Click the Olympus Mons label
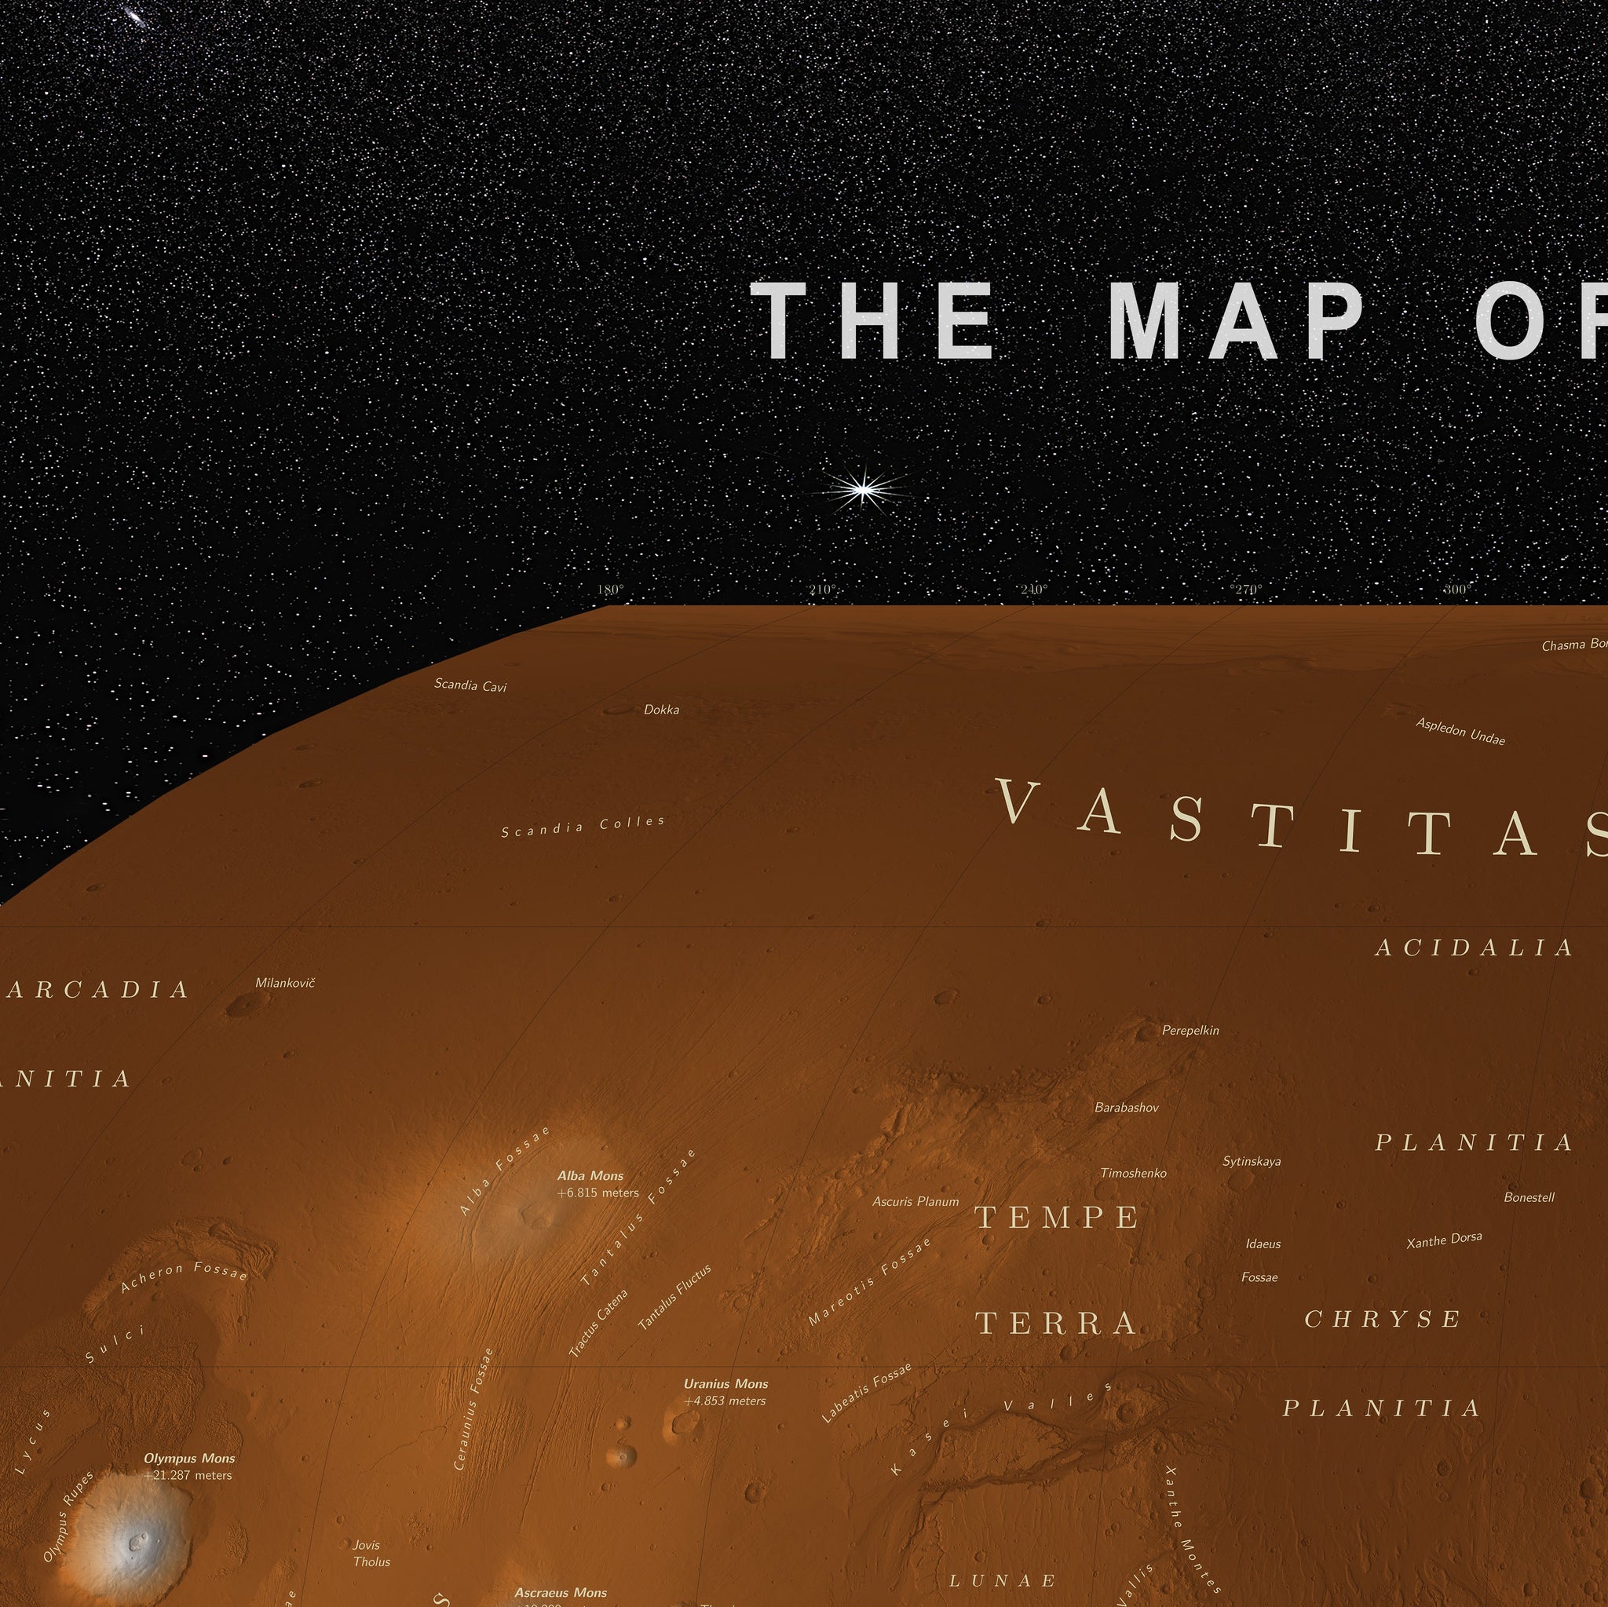click(x=189, y=1458)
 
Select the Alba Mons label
click(x=590, y=1176)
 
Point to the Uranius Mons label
click(x=725, y=1384)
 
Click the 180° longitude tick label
click(x=610, y=590)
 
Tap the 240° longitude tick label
click(x=1033, y=590)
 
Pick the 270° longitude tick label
click(x=1246, y=590)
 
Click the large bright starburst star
click(x=864, y=489)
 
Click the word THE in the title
click(x=873, y=320)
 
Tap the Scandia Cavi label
click(x=470, y=685)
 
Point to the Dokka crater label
click(x=661, y=710)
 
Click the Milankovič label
click(x=285, y=983)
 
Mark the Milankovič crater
click(x=242, y=1006)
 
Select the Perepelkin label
click(x=1190, y=1030)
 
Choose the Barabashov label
click(x=1126, y=1108)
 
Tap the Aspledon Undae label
click(x=1460, y=732)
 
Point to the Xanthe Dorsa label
click(x=1444, y=1241)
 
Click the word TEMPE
click(x=1057, y=1218)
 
